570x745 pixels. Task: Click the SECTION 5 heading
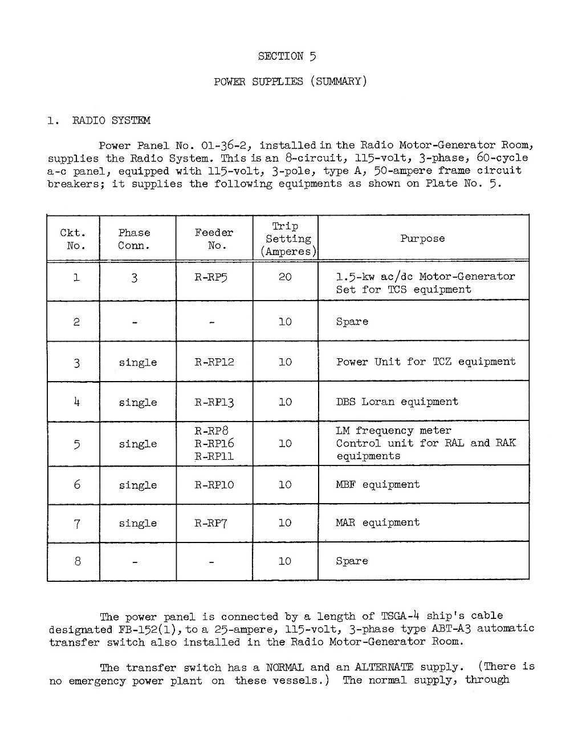coord(287,56)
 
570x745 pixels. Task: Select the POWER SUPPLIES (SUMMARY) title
coord(290,81)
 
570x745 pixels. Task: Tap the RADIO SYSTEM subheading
coord(111,120)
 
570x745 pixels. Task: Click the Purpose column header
coord(422,238)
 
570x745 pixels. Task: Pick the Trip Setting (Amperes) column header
coord(285,239)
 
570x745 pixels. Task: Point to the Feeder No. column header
coord(214,239)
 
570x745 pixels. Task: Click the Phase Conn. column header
coord(134,239)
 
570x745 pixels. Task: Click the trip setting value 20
coord(285,277)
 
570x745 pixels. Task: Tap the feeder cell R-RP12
coord(214,362)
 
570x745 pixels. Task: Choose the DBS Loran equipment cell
coord(397,402)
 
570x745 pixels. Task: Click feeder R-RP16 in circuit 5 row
coord(214,443)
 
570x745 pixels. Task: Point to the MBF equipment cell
coord(377,485)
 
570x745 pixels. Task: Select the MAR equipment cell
coord(377,523)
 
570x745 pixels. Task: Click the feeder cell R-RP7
coord(211,523)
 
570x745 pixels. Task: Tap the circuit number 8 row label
coord(77,561)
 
